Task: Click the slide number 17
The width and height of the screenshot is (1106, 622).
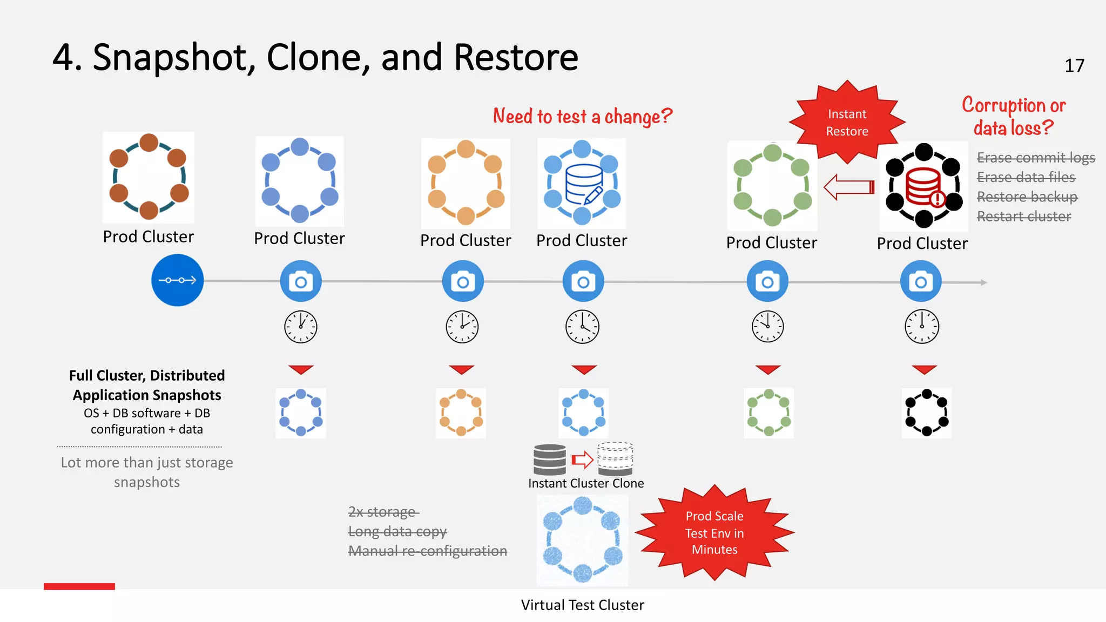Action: coord(1074,66)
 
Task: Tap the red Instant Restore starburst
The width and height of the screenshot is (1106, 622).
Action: coord(847,123)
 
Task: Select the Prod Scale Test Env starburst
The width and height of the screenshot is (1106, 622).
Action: coord(714,532)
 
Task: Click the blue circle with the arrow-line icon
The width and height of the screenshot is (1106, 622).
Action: coord(177,280)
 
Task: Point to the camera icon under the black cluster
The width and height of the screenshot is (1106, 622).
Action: coord(921,281)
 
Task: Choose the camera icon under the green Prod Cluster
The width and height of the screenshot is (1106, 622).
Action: coord(767,281)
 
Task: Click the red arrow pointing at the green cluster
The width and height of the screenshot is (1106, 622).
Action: coord(848,187)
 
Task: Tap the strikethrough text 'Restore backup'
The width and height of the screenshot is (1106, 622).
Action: coord(1027,197)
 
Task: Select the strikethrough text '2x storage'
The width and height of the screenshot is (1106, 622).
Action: coord(383,511)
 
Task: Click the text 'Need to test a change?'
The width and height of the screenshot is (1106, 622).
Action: coord(582,116)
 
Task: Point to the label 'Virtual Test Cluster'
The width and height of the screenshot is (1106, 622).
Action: coord(582,605)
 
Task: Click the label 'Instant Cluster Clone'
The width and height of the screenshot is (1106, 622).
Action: coord(586,483)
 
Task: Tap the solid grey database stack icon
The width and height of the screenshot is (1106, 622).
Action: coord(549,459)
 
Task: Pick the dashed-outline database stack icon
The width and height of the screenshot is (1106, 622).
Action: coord(615,459)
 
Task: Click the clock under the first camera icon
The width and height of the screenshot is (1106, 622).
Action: coord(301,327)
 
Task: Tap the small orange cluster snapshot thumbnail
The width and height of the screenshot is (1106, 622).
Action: coord(461,413)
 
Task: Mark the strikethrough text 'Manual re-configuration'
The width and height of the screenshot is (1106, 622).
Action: coord(427,551)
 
